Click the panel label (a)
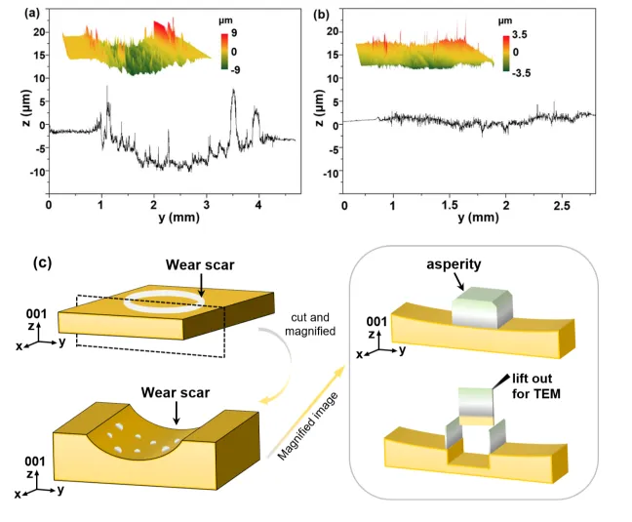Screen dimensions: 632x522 tap(32, 14)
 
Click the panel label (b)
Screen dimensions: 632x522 tap(321, 15)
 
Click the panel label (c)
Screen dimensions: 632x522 tap(42, 262)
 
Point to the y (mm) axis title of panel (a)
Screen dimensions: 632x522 tap(178, 218)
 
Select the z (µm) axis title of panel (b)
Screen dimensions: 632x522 tap(319, 107)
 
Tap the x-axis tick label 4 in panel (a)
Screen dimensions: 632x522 tap(258, 205)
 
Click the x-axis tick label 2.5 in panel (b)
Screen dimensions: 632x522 tap(562, 205)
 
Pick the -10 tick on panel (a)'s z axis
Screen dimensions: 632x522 tap(38, 172)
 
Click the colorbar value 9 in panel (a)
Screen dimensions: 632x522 tap(234, 33)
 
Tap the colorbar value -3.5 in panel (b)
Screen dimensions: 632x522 tap(522, 73)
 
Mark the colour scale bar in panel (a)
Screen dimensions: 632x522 tap(224, 52)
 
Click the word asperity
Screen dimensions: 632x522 tap(454, 264)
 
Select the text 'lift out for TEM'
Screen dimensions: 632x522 tap(536, 385)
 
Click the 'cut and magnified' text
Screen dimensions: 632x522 tap(310, 324)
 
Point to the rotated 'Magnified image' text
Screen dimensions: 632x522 tap(307, 426)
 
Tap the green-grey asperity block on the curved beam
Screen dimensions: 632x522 tap(482, 307)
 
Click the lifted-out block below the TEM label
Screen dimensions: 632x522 tap(476, 406)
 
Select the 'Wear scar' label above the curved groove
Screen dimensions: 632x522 tap(176, 392)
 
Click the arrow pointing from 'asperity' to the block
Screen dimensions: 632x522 tap(459, 282)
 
